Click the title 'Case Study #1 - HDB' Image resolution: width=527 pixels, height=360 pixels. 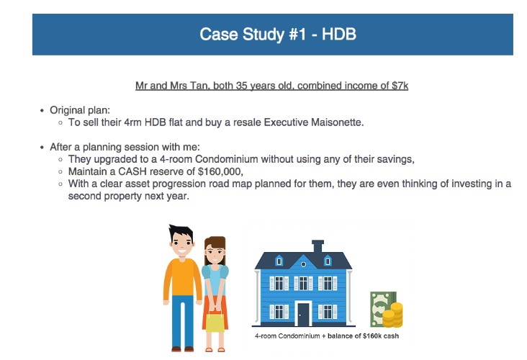[278, 35]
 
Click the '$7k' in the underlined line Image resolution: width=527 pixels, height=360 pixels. [400, 86]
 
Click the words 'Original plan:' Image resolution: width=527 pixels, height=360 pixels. [80, 110]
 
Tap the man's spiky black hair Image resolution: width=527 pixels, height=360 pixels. [181, 233]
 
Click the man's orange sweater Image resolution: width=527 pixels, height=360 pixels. [182, 279]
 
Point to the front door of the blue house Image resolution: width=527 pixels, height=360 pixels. [303, 314]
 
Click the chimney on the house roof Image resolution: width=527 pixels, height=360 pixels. [317, 246]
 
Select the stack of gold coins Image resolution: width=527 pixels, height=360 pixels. [393, 315]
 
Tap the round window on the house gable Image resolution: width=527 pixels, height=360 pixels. [303, 264]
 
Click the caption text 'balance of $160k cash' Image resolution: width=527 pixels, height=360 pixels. [363, 336]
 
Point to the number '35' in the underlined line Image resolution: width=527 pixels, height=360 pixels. [241, 86]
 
